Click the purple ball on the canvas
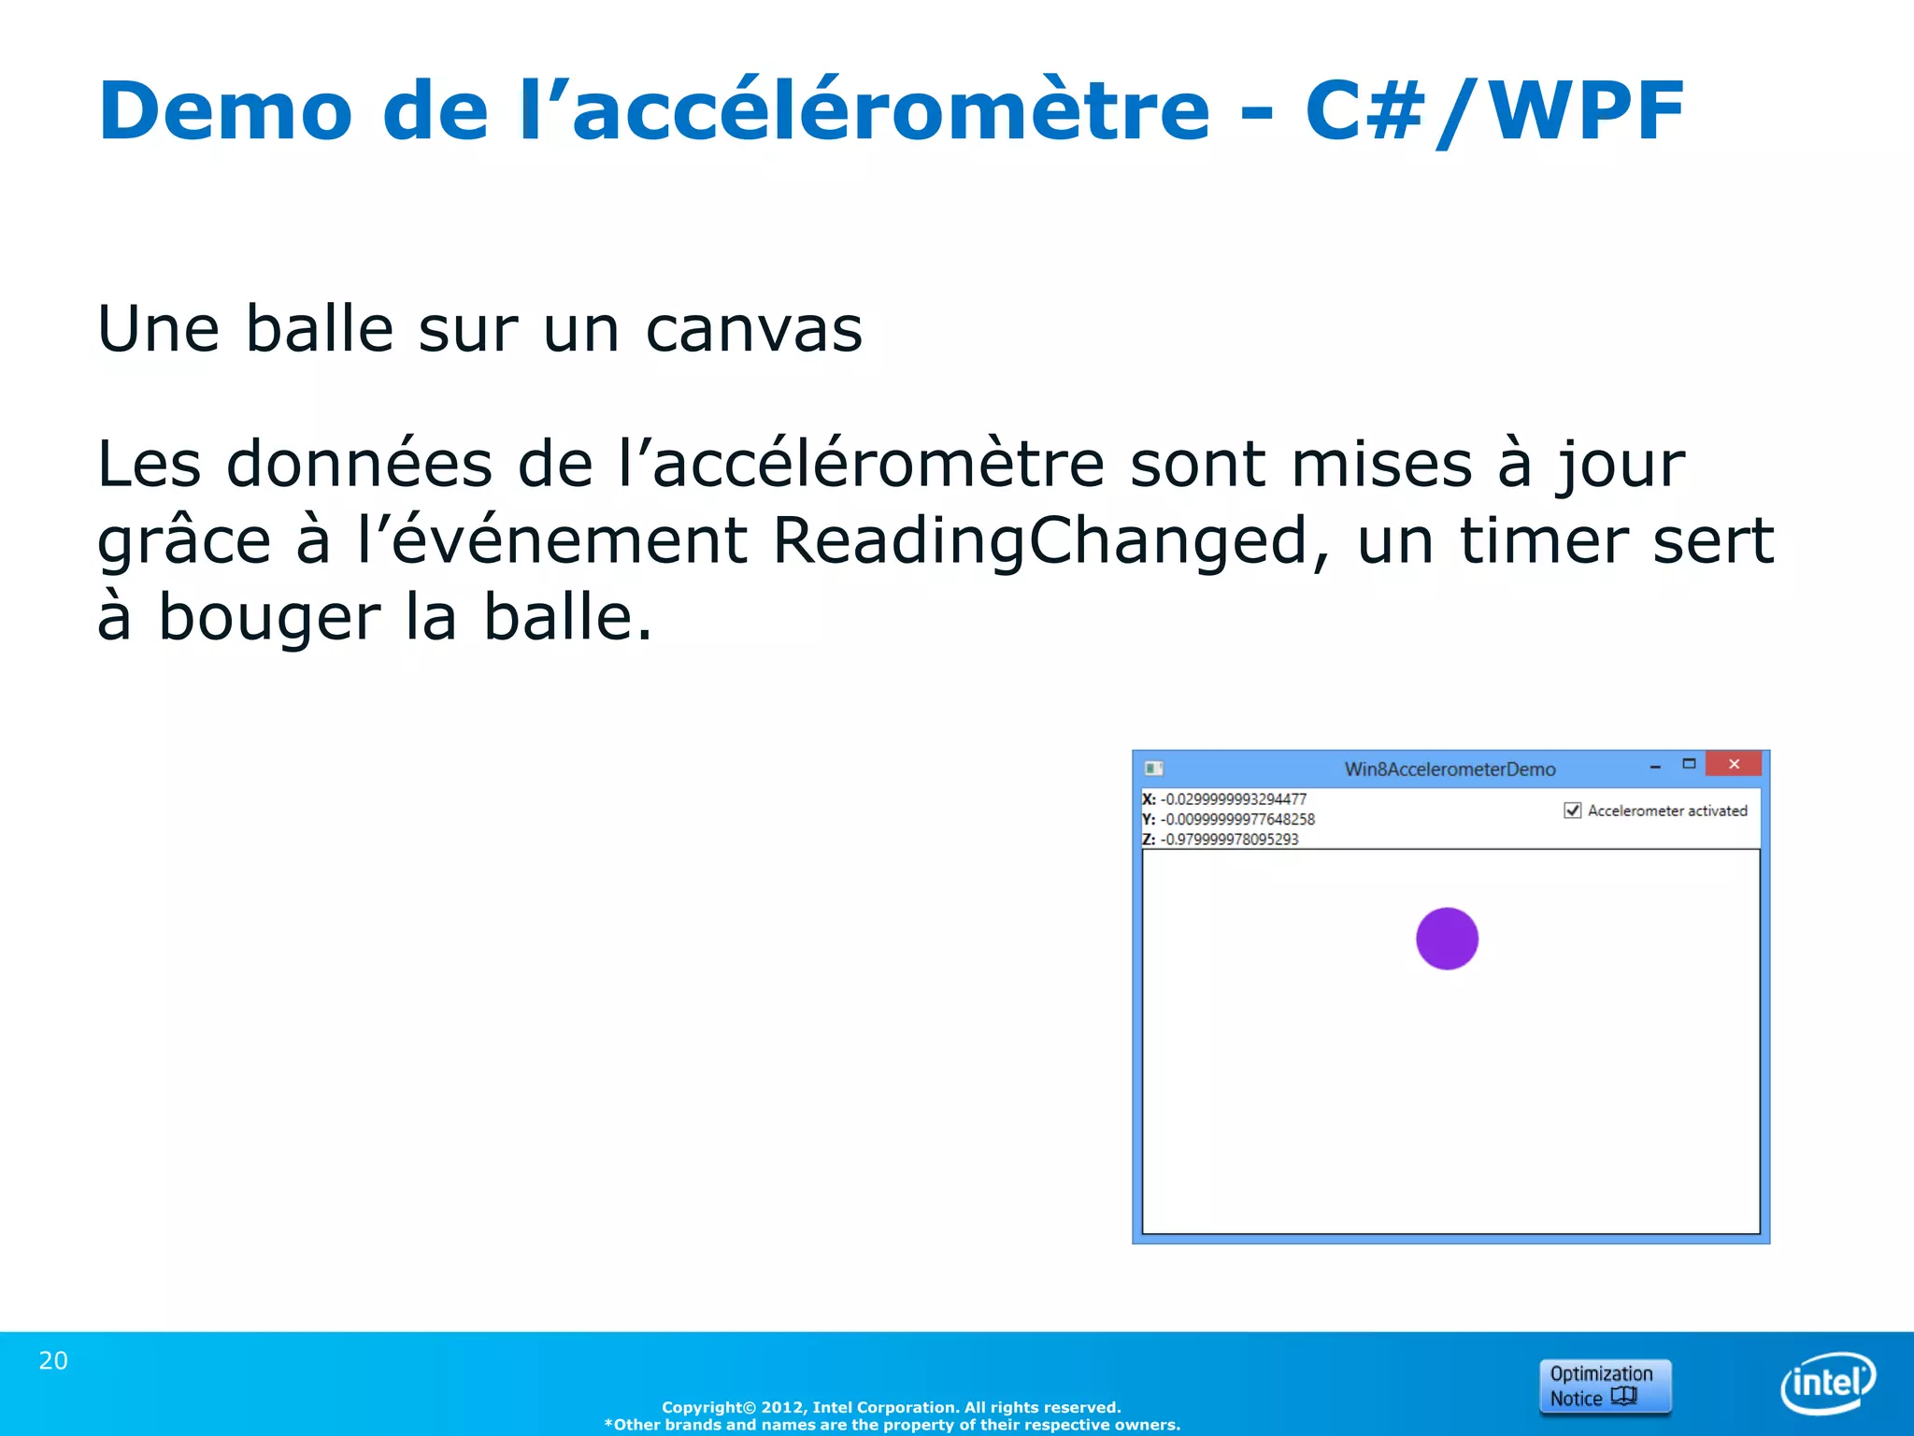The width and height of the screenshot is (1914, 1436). [x=1447, y=939]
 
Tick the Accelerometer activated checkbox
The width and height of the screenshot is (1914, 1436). [x=1573, y=811]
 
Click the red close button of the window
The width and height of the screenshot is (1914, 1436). [x=1734, y=765]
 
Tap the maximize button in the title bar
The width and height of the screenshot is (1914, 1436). [x=1689, y=765]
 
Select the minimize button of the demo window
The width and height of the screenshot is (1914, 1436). [x=1655, y=767]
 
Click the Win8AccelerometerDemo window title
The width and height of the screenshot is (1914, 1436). [x=1450, y=769]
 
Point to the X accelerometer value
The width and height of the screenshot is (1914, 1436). [x=1234, y=799]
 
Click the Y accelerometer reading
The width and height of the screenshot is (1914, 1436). [x=1237, y=819]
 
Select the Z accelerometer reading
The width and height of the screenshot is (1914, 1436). [x=1229, y=840]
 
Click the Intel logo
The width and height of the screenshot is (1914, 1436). [x=1828, y=1383]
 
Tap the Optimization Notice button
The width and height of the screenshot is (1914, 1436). [x=1605, y=1386]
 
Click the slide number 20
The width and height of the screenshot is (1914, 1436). [x=53, y=1361]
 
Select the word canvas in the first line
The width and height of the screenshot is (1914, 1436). [x=753, y=329]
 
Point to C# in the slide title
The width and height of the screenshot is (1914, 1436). [x=1364, y=111]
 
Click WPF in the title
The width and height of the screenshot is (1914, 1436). [x=1586, y=111]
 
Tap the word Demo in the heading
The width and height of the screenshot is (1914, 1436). [x=225, y=111]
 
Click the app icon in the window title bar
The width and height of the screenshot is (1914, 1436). [x=1154, y=768]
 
